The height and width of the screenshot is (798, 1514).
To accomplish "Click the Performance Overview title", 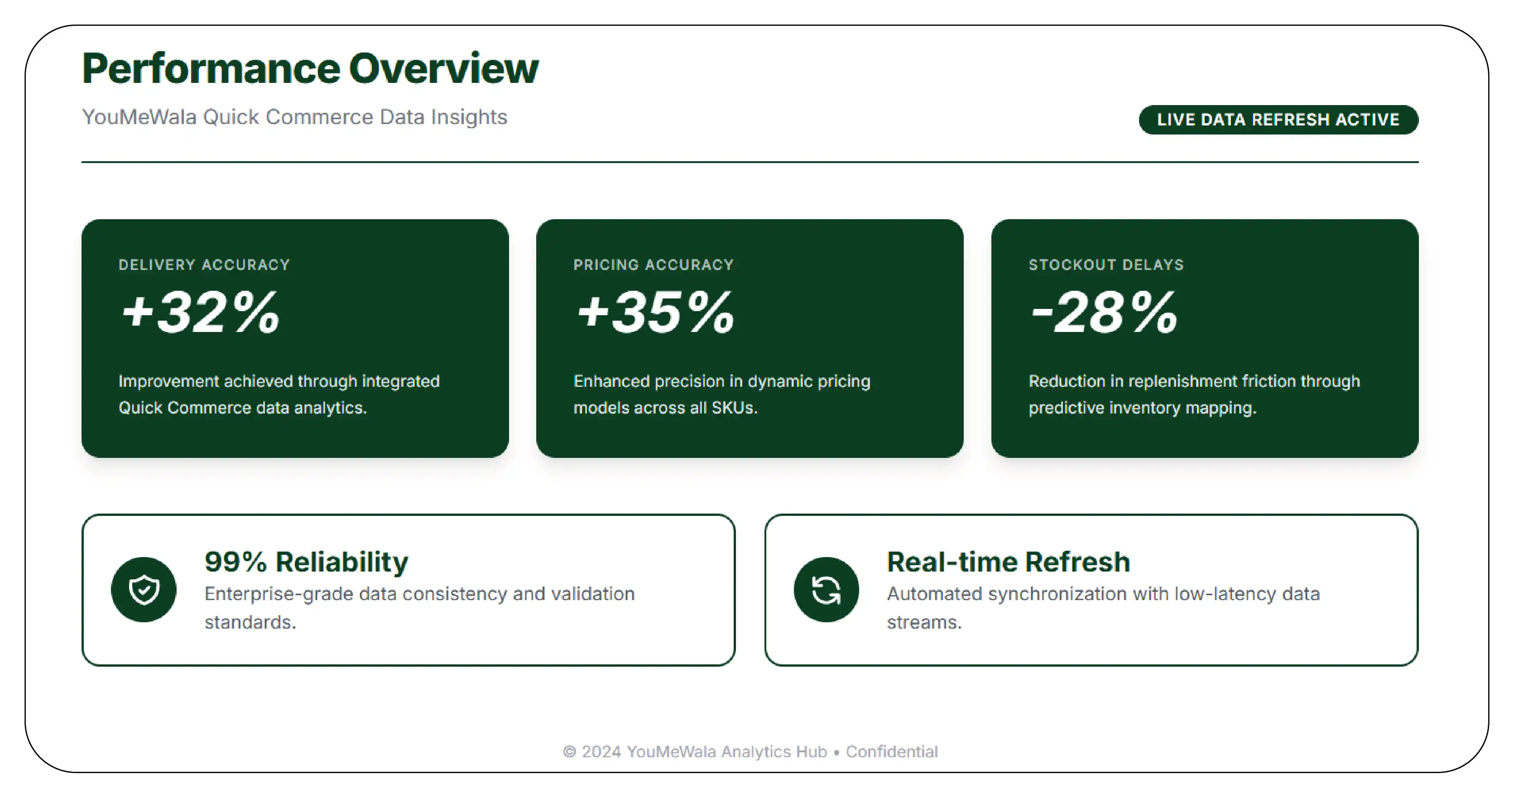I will point(310,69).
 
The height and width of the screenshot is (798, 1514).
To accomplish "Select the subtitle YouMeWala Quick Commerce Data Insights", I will point(294,117).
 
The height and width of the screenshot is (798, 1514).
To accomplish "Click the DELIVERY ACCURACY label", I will point(204,265).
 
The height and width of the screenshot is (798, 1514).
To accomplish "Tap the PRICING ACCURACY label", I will point(653,265).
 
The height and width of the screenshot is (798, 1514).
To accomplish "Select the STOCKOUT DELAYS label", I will point(1105,265).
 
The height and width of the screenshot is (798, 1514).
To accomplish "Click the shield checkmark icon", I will point(144,589).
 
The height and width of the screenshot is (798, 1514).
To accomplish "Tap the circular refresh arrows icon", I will point(826,589).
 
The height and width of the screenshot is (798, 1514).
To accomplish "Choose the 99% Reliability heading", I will point(306,562).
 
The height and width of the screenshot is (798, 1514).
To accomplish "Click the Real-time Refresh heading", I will point(1008,562).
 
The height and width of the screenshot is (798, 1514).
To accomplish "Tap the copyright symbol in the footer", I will point(569,751).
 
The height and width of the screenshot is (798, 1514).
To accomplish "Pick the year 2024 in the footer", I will point(601,751).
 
